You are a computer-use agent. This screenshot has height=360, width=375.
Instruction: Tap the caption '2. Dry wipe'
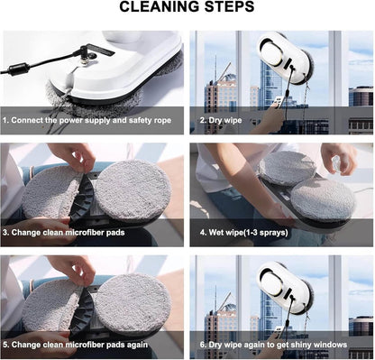tap(221, 120)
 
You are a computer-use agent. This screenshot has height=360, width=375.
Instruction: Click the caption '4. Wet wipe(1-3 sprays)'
tap(244, 233)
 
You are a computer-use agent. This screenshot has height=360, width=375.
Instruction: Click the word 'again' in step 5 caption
tap(137, 345)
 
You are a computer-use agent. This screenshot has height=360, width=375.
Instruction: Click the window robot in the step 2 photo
tap(286, 60)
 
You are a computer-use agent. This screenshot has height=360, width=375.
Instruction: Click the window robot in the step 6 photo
tap(286, 289)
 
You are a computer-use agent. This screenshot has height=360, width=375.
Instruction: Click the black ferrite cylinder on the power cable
tap(18, 69)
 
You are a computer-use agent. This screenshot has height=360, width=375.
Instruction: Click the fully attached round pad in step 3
tap(133, 190)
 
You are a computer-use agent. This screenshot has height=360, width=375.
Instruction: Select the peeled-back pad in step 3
tap(51, 191)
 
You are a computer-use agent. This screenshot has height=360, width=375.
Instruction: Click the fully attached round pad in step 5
tap(133, 303)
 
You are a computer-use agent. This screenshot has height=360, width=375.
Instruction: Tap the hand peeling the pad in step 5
tap(71, 270)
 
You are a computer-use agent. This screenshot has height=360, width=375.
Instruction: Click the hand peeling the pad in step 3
tap(71, 157)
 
